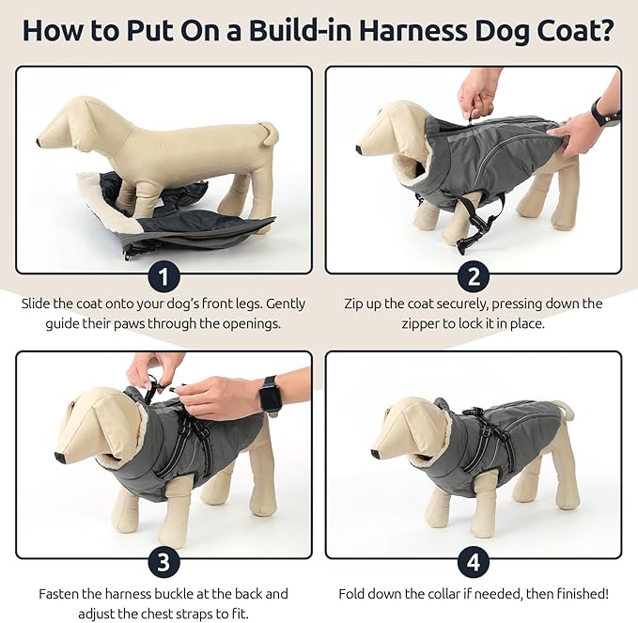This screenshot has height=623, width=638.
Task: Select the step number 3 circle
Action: pos(164,564)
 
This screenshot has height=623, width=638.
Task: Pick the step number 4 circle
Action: pos(474,564)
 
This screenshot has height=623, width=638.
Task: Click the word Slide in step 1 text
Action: pos(39,304)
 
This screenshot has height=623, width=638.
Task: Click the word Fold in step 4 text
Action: pos(354,594)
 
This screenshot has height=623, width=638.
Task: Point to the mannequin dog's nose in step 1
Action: pos(40,142)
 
